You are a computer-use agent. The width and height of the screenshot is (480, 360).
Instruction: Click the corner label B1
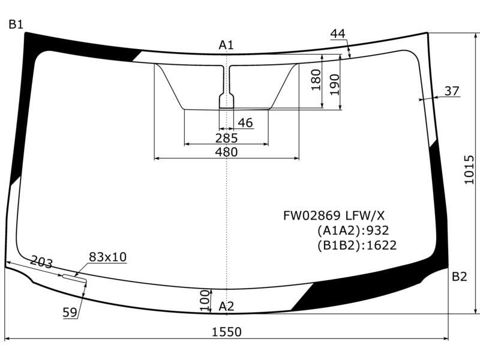click(x=16, y=24)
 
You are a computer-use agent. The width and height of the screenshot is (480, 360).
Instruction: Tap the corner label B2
click(x=459, y=277)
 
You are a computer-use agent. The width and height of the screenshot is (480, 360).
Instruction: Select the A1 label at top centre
click(x=226, y=45)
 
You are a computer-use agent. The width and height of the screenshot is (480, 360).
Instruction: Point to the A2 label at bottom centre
click(x=226, y=306)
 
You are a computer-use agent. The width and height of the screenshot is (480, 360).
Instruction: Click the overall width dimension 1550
click(x=227, y=332)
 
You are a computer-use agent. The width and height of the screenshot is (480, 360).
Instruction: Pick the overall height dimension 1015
click(x=469, y=170)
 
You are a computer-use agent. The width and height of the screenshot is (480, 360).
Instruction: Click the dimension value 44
click(x=338, y=34)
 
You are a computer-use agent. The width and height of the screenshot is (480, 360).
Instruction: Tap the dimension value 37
click(x=452, y=91)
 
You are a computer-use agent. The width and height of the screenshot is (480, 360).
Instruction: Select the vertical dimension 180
click(x=316, y=80)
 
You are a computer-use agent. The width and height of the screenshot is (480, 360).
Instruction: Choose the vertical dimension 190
click(x=335, y=85)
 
